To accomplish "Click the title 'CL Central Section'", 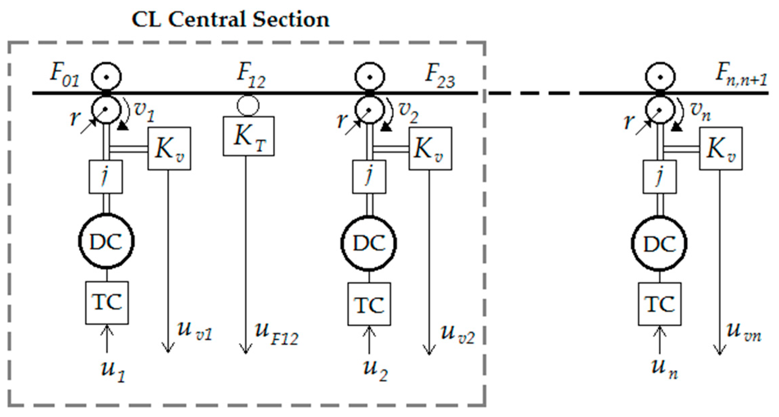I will pos(230,19).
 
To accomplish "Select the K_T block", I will pos(248,136).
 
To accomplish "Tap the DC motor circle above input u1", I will pos(106,241).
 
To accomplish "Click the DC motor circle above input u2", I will pos(369,243).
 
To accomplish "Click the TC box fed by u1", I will pos(107,303).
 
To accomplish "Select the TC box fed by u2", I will pos(369,304).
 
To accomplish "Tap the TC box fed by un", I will pos(659,304).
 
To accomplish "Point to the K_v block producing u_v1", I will pos(169,148).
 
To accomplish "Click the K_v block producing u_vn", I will pos(721,148).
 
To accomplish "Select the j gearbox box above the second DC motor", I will pos(369,176).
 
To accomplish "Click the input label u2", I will pos(376,370).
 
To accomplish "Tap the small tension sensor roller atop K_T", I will pos(248,106).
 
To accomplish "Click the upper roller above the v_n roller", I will pos(660,77).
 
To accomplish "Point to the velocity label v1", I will pos(144,112).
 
